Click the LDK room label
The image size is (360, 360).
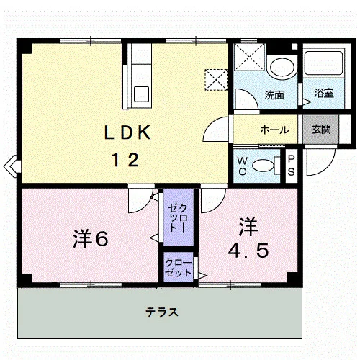tap(127, 132)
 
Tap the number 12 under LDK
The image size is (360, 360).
tap(125, 161)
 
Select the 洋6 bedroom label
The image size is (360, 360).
tap(91, 238)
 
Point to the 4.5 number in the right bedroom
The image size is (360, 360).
tap(248, 251)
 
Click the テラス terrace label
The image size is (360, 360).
tap(162, 312)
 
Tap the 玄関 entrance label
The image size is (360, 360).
tap(321, 130)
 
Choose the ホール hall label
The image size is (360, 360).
tap(274, 130)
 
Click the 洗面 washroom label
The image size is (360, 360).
tap(274, 95)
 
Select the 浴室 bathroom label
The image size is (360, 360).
tap(324, 93)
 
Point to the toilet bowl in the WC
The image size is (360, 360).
tap(264, 166)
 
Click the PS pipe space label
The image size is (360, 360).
tap(291, 166)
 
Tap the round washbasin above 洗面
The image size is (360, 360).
tap(282, 67)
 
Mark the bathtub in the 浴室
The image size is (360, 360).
tap(323, 63)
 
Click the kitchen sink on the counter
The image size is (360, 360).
tap(141, 94)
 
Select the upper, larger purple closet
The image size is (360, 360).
tap(179, 217)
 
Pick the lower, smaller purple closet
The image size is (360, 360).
tap(179, 266)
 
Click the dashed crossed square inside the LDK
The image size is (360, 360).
tap(216, 80)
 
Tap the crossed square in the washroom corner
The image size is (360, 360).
tap(249, 57)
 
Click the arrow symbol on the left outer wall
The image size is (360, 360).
tap(12, 166)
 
